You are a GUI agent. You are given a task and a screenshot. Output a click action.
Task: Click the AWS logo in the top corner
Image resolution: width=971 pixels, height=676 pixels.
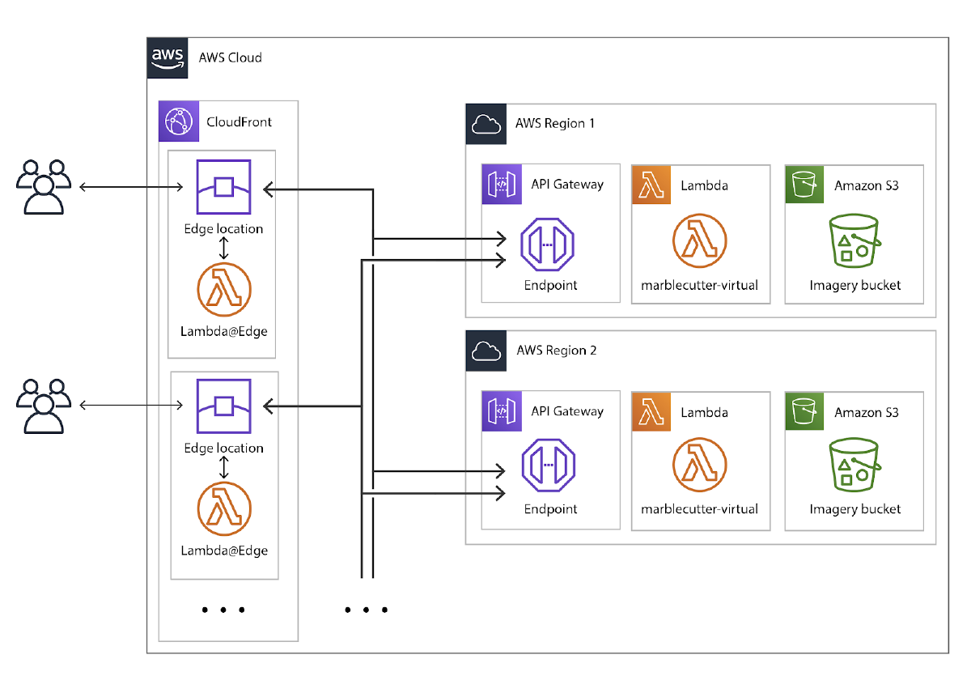(x=167, y=57)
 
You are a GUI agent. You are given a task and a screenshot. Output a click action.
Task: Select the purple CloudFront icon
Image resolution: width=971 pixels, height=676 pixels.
(x=177, y=121)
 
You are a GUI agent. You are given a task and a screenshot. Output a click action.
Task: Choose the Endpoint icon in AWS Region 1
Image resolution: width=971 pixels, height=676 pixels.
(x=547, y=244)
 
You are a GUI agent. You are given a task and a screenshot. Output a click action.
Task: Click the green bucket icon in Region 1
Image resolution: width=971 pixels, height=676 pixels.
(x=854, y=242)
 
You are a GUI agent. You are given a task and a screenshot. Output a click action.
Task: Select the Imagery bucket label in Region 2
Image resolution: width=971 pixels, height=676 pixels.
(x=855, y=509)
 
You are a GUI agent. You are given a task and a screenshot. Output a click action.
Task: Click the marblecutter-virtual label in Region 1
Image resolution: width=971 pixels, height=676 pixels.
(x=700, y=285)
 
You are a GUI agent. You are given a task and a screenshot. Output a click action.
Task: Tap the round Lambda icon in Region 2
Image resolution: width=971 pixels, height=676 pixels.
(x=699, y=467)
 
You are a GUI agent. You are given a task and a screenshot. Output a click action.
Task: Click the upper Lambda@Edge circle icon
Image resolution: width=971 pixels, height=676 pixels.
(x=224, y=289)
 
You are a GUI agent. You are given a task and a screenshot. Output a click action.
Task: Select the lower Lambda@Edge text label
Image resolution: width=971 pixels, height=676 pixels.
(x=224, y=551)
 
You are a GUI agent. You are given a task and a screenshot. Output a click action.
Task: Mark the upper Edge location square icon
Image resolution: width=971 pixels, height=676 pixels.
(x=224, y=187)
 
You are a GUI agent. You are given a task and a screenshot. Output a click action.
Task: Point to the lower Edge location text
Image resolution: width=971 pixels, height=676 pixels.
(x=224, y=448)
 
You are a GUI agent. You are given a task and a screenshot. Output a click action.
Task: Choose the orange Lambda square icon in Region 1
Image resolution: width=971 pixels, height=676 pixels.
(x=651, y=185)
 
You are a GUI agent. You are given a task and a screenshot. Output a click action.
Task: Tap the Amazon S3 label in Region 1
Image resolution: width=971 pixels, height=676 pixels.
(x=867, y=185)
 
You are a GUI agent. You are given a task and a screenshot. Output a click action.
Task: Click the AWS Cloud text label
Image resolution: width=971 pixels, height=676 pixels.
(x=231, y=58)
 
